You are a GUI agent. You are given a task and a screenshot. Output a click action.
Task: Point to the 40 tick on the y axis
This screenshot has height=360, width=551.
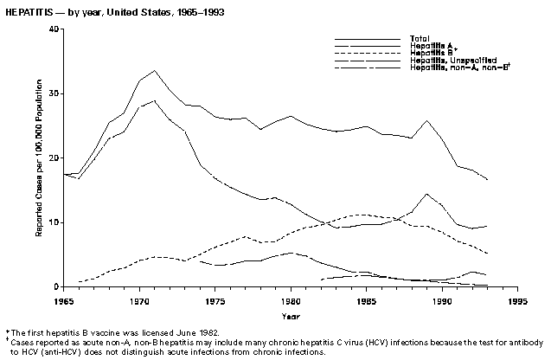click(54, 29)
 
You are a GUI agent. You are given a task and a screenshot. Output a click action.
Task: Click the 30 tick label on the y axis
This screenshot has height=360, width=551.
click(54, 93)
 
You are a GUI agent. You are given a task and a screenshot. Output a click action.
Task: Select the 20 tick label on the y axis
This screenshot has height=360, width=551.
click(54, 158)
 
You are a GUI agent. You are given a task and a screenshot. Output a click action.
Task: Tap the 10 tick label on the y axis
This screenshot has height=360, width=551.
click(54, 222)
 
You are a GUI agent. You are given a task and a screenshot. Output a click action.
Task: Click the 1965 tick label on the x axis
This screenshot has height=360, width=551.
click(64, 300)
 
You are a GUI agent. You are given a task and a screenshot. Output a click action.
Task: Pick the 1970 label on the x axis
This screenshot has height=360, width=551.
click(139, 300)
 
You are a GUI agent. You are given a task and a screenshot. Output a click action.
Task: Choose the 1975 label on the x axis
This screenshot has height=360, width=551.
click(215, 300)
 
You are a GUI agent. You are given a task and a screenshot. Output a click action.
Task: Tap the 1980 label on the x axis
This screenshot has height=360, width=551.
click(291, 300)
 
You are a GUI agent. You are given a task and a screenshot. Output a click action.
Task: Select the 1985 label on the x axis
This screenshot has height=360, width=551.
click(366, 300)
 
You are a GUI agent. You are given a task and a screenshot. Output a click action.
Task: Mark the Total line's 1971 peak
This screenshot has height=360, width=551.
click(154, 70)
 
